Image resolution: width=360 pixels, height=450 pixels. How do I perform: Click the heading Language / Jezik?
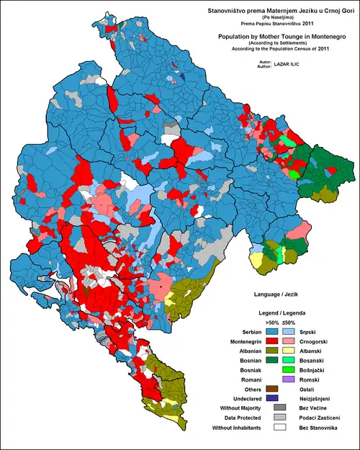pyautogui.click(x=278, y=295)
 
